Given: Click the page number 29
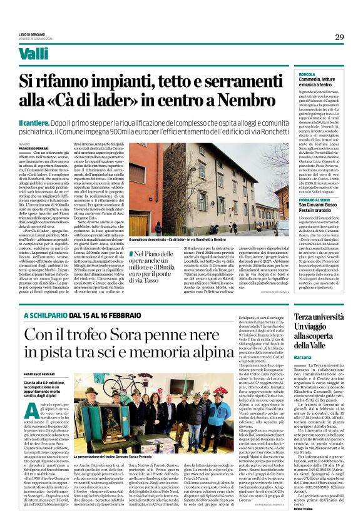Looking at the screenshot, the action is tap(339, 37).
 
